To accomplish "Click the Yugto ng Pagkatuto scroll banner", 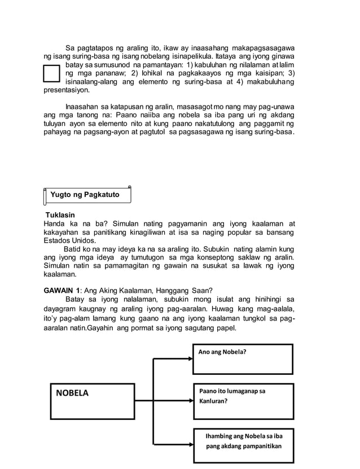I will coord(87,195).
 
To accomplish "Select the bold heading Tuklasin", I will coord(60,215).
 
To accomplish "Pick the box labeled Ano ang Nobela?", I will coord(243,359).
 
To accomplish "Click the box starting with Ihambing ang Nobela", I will coord(246,441).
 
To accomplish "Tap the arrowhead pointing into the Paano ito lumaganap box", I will coord(189,401).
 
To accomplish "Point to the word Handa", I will coord(55,223).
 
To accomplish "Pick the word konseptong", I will coord(217,257).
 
